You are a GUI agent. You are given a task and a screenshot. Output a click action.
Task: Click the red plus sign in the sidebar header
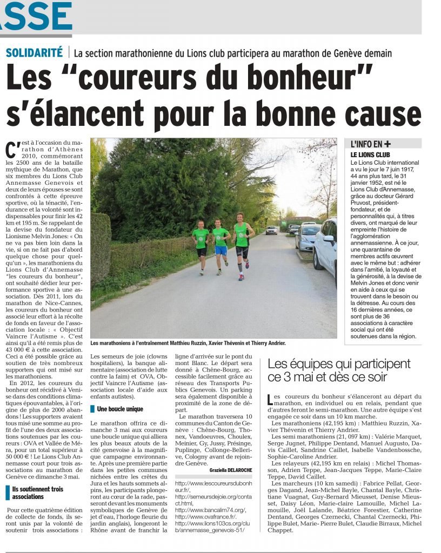[387, 144]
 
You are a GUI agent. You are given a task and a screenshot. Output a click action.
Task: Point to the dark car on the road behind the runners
[271, 230]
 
